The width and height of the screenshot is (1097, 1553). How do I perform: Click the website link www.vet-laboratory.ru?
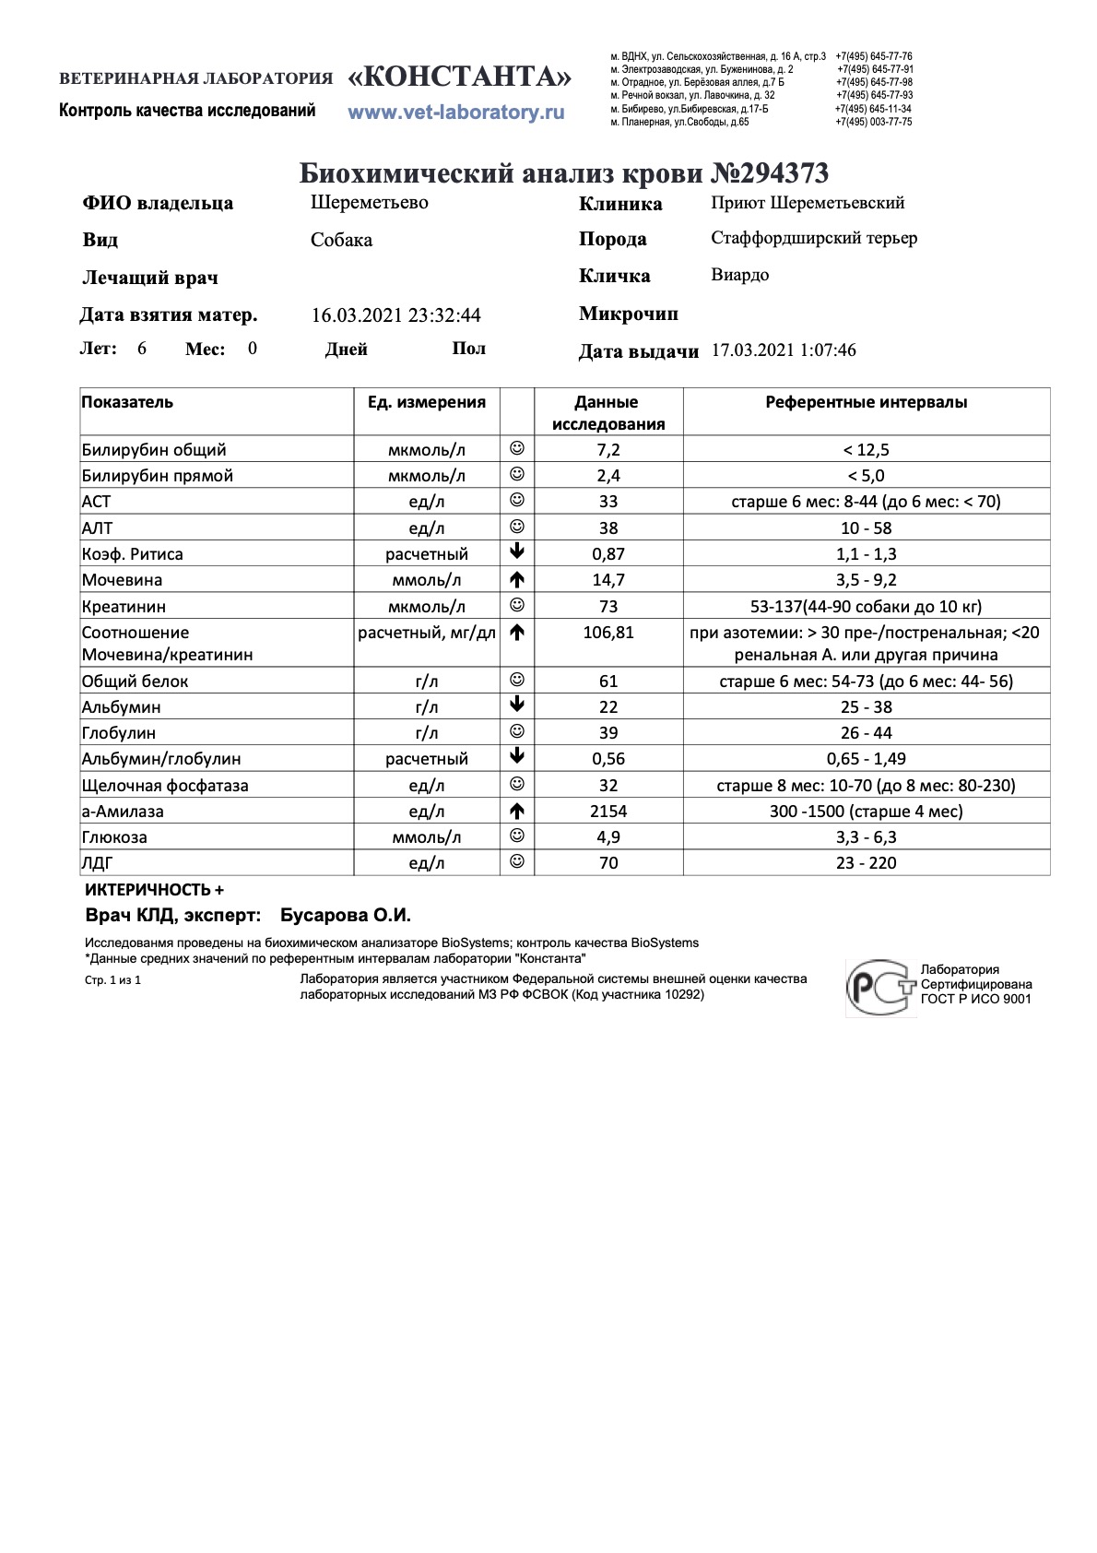click(455, 113)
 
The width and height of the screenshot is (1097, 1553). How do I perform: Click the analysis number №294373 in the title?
click(771, 172)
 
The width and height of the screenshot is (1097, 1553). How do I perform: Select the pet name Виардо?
click(739, 275)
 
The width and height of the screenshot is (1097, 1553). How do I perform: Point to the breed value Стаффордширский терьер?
click(814, 238)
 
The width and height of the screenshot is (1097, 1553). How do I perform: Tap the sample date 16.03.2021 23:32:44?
click(395, 315)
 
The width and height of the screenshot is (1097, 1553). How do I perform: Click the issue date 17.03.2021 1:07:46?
click(784, 350)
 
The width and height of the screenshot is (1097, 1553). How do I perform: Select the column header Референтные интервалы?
click(866, 402)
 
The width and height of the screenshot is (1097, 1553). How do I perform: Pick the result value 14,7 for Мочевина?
click(608, 580)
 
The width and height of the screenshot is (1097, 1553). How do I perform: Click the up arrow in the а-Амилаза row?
click(517, 812)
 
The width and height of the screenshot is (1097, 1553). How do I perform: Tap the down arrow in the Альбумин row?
click(517, 706)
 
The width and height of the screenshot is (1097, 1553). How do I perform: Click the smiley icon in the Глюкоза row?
click(517, 836)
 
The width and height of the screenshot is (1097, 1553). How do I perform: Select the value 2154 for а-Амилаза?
click(608, 812)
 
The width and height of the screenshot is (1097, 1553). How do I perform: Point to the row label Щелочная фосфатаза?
click(165, 786)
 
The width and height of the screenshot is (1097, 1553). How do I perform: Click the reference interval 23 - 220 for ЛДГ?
click(866, 863)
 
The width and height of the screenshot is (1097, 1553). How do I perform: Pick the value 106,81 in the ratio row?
click(608, 633)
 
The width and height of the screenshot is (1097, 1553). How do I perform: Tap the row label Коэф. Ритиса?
click(132, 554)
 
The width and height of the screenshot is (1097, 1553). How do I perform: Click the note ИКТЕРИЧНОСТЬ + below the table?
click(154, 890)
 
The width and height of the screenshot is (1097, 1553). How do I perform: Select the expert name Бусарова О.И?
click(345, 916)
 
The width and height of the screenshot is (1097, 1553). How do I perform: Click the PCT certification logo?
click(880, 988)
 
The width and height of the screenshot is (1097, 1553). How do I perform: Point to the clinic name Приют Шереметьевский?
click(808, 203)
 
